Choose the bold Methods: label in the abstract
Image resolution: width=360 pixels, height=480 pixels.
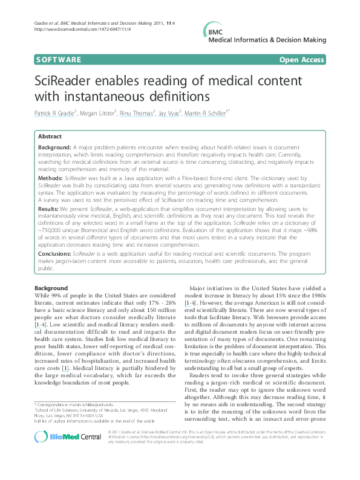click(x=50, y=179)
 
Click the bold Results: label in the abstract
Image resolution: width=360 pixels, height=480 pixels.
click(x=49, y=209)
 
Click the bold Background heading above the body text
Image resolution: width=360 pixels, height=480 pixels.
click(x=51, y=288)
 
